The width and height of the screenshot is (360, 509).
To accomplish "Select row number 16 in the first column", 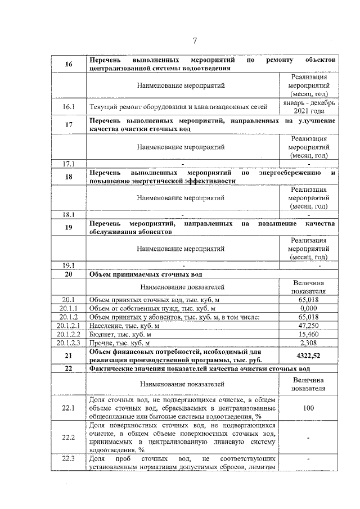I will point(69,64).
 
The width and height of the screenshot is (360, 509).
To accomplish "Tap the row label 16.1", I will point(69,106).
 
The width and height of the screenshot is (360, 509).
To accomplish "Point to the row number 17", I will point(69,125).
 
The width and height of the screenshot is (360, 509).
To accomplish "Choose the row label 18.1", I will point(69,214).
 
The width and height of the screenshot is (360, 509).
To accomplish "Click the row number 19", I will point(69,228).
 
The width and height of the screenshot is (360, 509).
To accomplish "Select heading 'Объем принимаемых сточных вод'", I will point(146,274).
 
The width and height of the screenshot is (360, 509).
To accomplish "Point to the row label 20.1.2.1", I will point(69,326).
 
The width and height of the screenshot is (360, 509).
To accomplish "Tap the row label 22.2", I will point(69,437).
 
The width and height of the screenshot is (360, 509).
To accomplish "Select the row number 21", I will point(69,355).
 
